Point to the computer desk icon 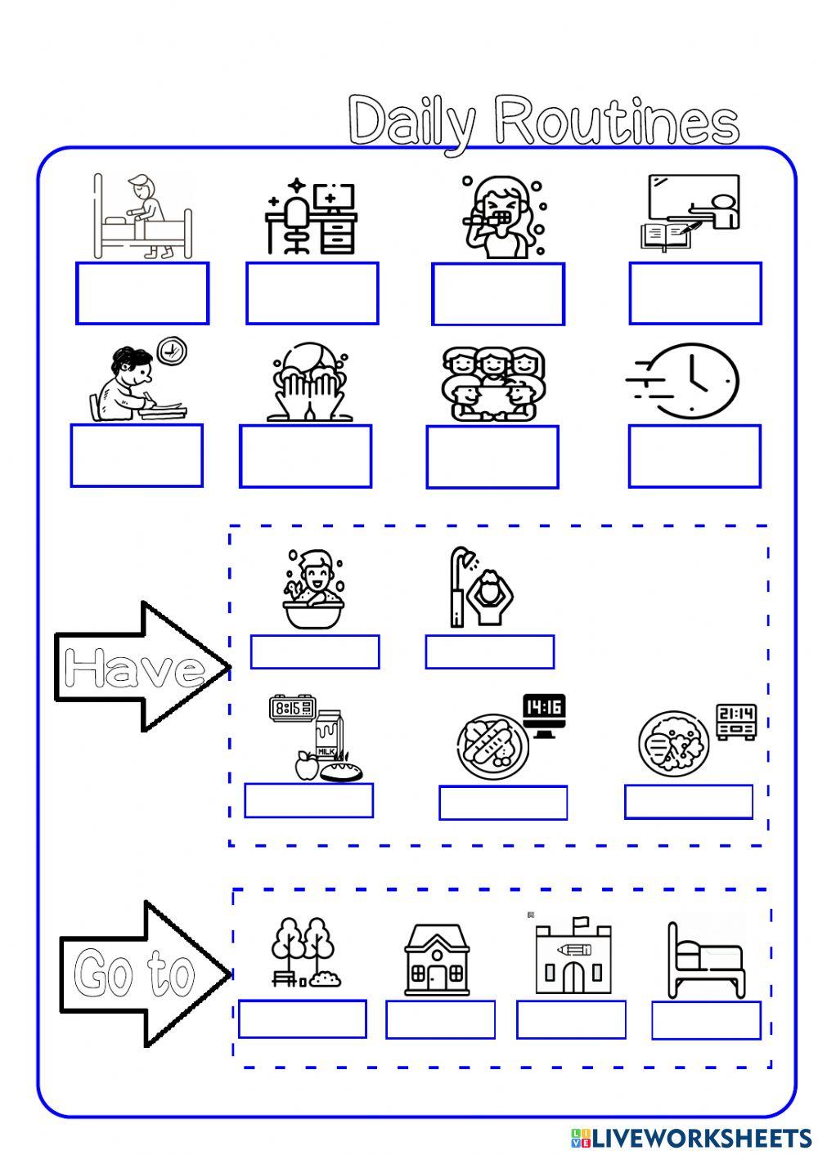[x=311, y=217]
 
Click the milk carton [x=329, y=736]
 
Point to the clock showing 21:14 [x=735, y=720]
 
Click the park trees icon [x=304, y=952]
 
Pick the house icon [x=438, y=960]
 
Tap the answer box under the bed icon [x=706, y=1021]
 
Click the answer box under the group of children [x=492, y=457]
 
